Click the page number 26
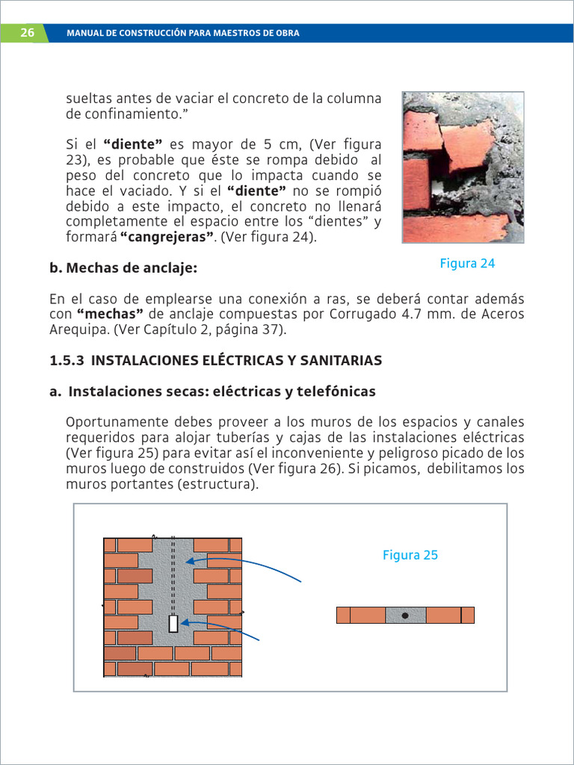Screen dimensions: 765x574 point(27,33)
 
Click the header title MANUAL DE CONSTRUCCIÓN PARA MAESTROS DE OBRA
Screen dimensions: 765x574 point(183,33)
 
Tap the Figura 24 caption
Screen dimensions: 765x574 point(467,263)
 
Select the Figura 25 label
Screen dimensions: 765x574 point(410,555)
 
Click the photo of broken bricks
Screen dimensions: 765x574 point(463,167)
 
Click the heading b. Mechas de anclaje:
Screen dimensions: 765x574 point(123,267)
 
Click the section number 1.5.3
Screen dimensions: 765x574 point(66,360)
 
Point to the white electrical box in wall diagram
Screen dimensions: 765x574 point(173,624)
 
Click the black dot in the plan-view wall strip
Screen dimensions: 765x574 point(405,616)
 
